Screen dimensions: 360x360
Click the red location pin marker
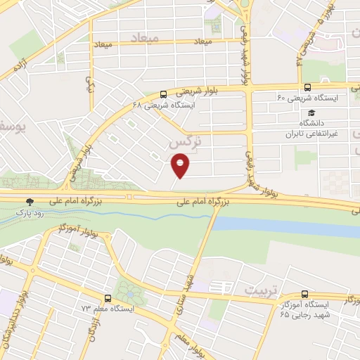tap(181, 166)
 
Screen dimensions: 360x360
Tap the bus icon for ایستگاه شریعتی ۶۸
tap(164, 94)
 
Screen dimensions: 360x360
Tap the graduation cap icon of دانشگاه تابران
tap(311, 113)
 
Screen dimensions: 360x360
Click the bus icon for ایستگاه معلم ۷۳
tap(108, 297)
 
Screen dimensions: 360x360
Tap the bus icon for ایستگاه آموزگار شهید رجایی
tap(304, 294)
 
